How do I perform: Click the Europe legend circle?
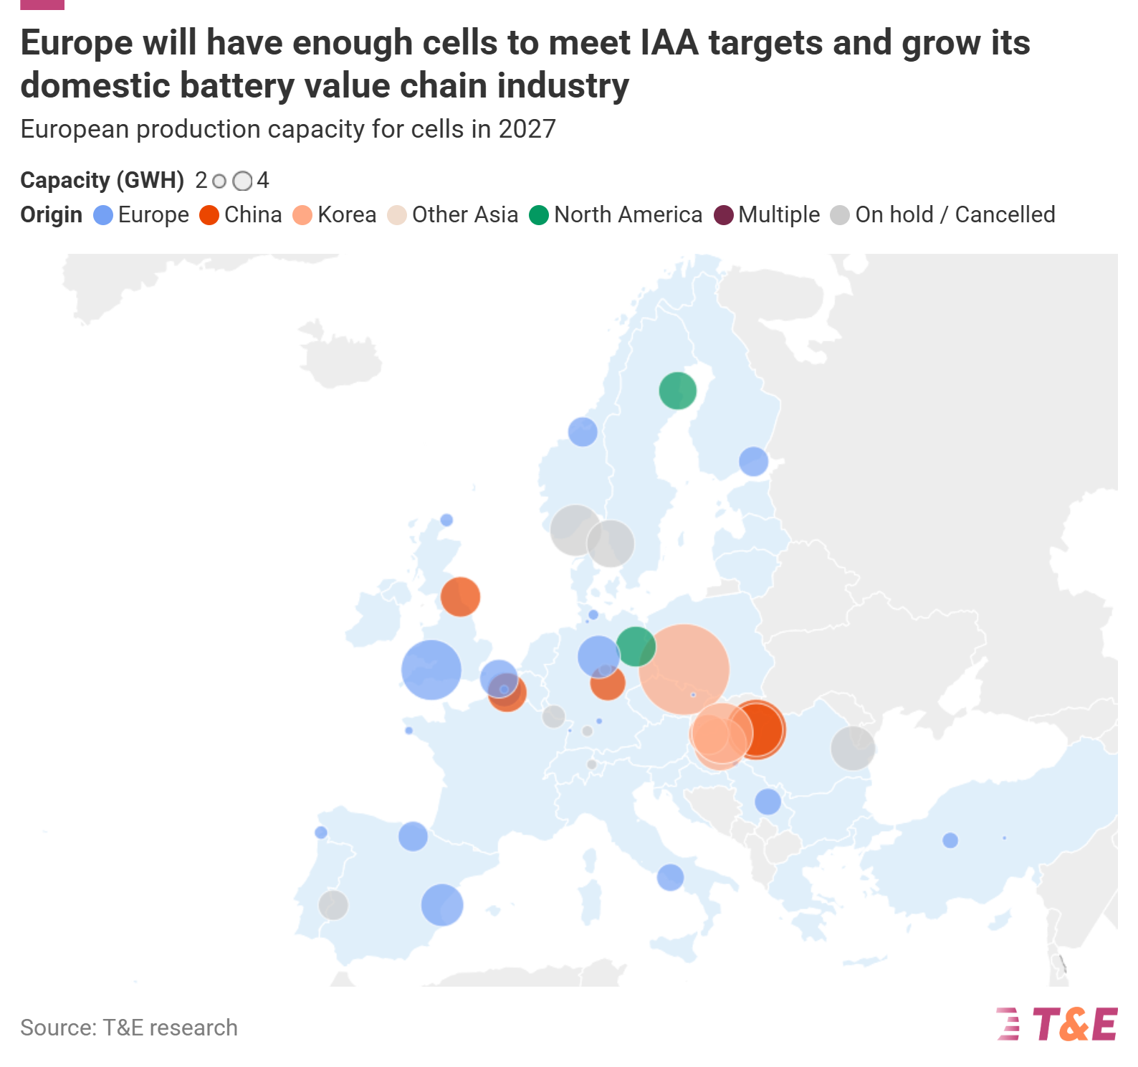(x=103, y=215)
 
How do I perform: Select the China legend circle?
(x=209, y=215)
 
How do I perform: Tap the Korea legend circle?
(x=302, y=215)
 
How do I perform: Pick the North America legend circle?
(x=539, y=215)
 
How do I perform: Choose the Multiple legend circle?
(x=724, y=215)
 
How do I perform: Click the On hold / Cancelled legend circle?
(x=840, y=215)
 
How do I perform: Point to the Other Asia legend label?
(x=465, y=214)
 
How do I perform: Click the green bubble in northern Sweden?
(x=677, y=391)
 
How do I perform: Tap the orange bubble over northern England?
(x=460, y=597)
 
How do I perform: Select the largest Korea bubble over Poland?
(x=684, y=670)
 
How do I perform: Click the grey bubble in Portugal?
(x=333, y=905)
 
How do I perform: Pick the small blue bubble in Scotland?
(x=446, y=520)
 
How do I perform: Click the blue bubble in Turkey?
(x=950, y=840)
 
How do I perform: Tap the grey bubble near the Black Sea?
(x=853, y=748)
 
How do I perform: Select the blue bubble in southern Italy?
(x=670, y=877)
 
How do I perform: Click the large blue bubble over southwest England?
(x=431, y=670)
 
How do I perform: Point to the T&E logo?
(x=1057, y=1024)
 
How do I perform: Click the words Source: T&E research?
(x=129, y=1028)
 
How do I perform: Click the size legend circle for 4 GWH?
(x=243, y=181)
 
